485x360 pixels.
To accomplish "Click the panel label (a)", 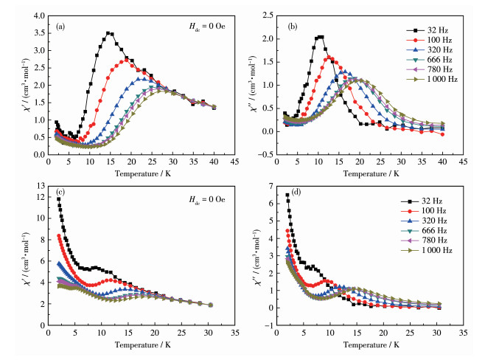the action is coord(60,27).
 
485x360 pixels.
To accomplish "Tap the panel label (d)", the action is coord(296,193).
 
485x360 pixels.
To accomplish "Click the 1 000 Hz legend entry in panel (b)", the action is coord(432,79).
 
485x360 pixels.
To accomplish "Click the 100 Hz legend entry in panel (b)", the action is coord(429,41).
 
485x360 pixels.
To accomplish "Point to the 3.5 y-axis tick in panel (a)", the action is coord(40,33).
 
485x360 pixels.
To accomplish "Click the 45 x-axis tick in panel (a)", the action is coord(235,162).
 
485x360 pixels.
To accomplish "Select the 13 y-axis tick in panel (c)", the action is coord(41,186).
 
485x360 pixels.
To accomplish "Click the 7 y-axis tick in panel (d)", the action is coord(271,186).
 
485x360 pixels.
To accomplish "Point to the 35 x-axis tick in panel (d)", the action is coord(464,333).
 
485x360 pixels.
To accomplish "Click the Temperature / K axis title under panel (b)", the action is coord(371,173).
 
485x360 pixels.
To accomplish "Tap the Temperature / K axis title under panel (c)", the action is coord(143,345).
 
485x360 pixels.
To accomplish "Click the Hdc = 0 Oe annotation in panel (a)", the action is coord(207,27).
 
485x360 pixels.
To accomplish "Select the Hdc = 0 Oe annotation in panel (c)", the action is coord(207,200).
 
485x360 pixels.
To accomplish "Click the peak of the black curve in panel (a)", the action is coord(108,33).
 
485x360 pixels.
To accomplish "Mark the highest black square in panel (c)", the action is coord(58,199).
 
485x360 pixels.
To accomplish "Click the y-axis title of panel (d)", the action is coord(257,257).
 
